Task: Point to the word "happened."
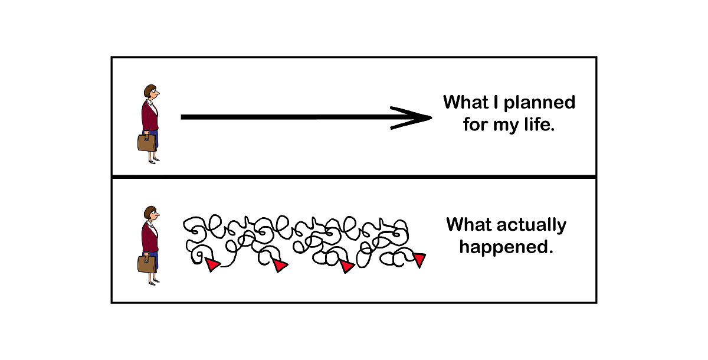[x=506, y=247]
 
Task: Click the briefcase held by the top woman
[x=147, y=142]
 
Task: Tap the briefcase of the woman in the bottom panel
[x=147, y=263]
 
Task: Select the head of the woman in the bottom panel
[x=151, y=214]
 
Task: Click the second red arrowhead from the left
[x=280, y=266]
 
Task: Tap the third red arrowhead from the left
[x=347, y=266]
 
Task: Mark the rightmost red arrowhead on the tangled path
[x=419, y=260]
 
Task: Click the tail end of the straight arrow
[x=183, y=117]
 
